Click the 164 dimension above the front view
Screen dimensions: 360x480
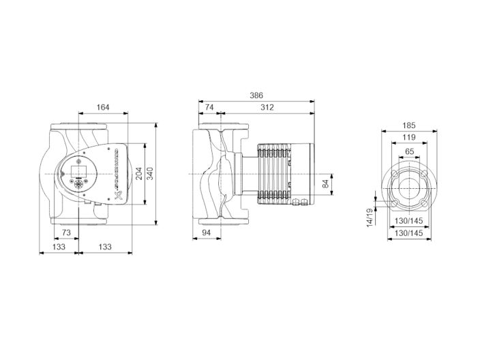tap(103, 107)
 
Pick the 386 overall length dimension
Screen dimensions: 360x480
tap(256, 96)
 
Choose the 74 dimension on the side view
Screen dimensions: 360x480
tap(209, 107)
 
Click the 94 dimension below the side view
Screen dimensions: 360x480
tap(208, 232)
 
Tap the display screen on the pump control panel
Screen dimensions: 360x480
tap(78, 170)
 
